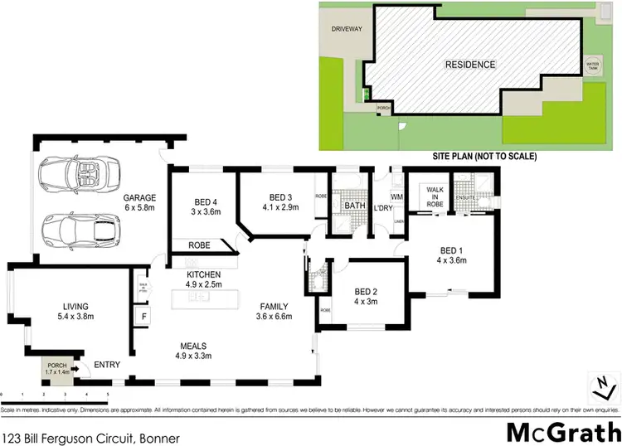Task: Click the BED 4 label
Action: (206, 202)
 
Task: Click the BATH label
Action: (355, 206)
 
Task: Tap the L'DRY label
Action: (382, 206)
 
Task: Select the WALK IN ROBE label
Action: (436, 195)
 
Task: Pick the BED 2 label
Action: (366, 292)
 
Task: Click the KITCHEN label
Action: (204, 274)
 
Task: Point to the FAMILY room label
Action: (272, 306)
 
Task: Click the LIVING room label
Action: (75, 306)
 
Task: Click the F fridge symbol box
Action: (143, 317)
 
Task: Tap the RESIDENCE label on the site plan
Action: (470, 65)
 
